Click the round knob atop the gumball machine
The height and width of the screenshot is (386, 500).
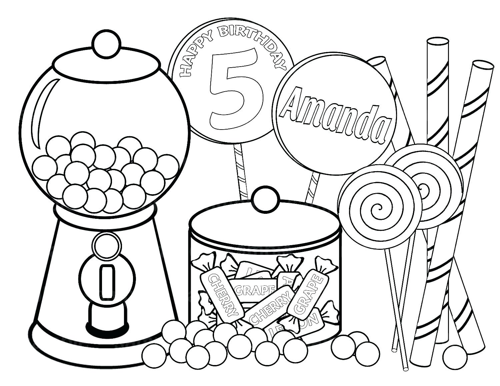tap(106, 45)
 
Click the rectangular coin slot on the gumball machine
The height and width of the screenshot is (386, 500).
tap(107, 281)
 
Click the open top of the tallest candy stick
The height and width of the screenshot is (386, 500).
tap(438, 42)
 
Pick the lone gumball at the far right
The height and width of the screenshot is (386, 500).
tap(455, 356)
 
